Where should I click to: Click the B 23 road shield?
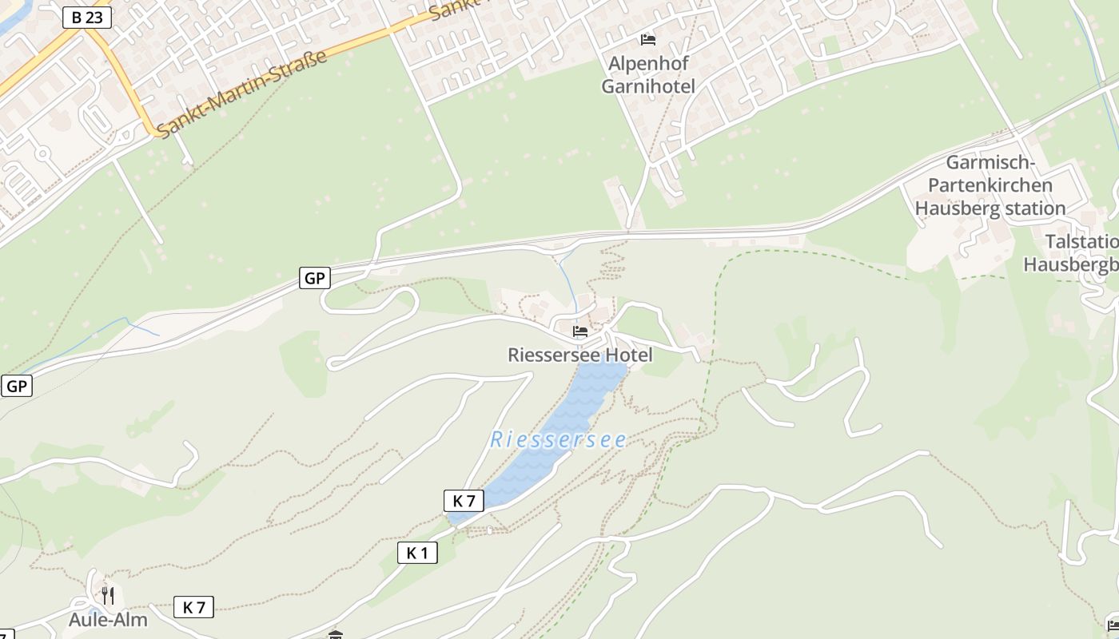coord(86,18)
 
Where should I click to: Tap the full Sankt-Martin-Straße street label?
coord(242,94)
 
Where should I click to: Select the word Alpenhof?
coord(648,63)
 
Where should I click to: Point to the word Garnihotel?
coord(648,86)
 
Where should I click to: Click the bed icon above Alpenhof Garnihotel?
coord(648,39)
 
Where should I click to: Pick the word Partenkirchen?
coord(990,185)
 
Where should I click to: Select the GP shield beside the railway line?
coord(315,278)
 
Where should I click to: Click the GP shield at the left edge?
coord(16,387)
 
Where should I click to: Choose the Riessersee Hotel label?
coord(580,355)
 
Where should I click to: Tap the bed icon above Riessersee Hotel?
coord(580,331)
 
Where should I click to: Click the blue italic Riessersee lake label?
coord(558,439)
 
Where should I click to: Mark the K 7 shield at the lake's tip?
coord(464,501)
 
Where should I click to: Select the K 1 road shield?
coord(417,552)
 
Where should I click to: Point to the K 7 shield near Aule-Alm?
coord(193,607)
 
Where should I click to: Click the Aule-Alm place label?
coord(108,620)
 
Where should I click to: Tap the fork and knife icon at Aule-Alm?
coord(108,595)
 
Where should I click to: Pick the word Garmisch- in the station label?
coord(990,163)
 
